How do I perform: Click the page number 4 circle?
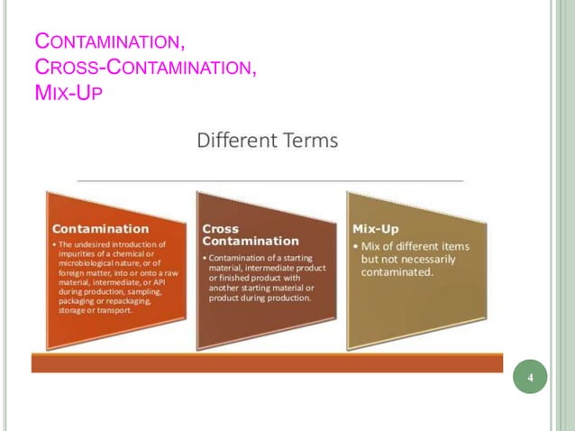pos(531,377)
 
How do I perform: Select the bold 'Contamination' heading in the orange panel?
pos(101,228)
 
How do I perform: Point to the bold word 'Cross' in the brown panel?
pos(221,228)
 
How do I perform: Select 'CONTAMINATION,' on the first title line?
pos(109,41)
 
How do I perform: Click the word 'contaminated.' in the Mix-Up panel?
pos(397,271)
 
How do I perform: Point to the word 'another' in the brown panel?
pos(226,289)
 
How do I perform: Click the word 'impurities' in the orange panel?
pos(79,253)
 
